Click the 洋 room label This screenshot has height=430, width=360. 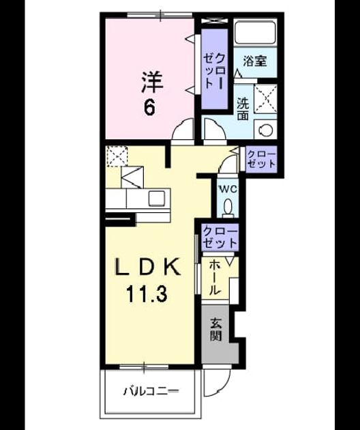point(152,82)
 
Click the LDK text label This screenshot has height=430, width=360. point(147,267)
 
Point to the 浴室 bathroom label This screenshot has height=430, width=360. point(255,61)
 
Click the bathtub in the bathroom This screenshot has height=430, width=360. point(256,32)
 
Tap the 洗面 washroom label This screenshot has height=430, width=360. point(243,109)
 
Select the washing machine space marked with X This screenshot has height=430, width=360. point(265,99)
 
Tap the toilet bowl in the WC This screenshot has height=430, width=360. point(228,207)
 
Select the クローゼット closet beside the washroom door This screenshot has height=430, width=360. point(261,159)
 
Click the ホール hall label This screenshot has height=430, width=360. point(215,278)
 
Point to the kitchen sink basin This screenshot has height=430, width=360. point(157,198)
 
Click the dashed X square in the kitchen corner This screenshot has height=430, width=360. point(117,156)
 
